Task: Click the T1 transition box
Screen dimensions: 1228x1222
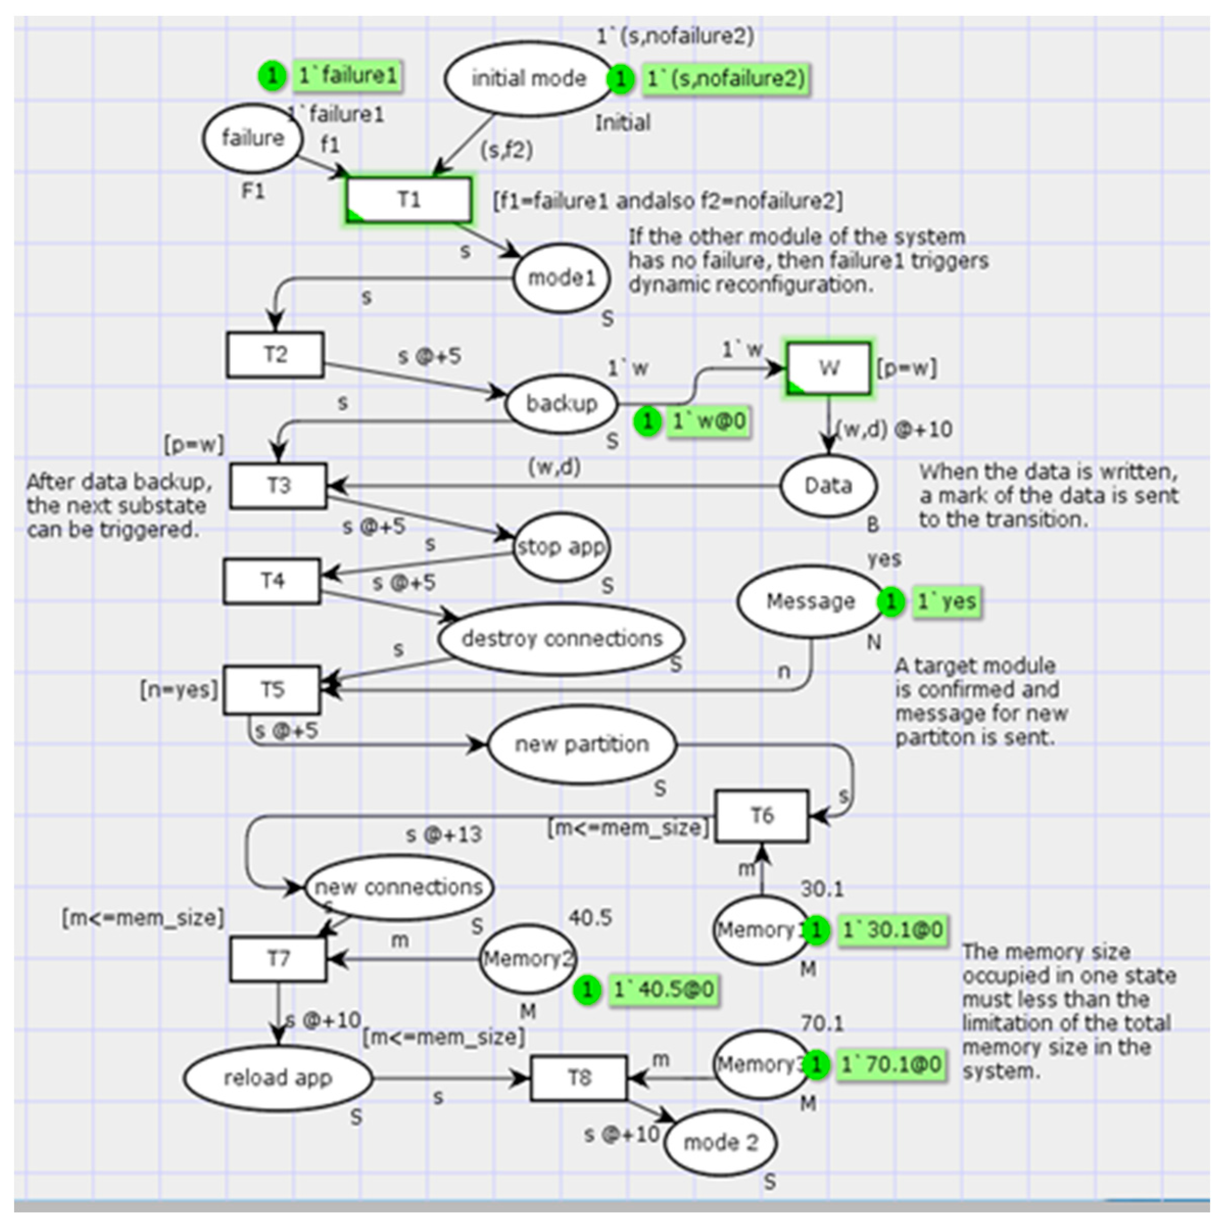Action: pyautogui.click(x=409, y=200)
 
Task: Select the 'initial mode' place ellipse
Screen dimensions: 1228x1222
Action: pyautogui.click(x=528, y=79)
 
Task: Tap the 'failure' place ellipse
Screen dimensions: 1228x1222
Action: pyautogui.click(x=252, y=138)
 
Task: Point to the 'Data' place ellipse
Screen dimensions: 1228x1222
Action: pyautogui.click(x=828, y=486)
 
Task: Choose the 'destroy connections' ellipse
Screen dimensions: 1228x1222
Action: pyautogui.click(x=562, y=638)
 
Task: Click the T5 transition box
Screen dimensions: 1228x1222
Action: pyautogui.click(x=273, y=690)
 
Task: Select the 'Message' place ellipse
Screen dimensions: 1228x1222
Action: pyautogui.click(x=810, y=601)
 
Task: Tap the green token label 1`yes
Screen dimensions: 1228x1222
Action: pyautogui.click(x=946, y=601)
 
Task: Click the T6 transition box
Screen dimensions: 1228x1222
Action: pyautogui.click(x=761, y=815)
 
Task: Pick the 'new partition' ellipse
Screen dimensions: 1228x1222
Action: pyautogui.click(x=582, y=744)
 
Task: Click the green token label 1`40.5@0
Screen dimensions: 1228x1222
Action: pyautogui.click(x=663, y=989)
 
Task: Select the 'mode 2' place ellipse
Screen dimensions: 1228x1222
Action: pyautogui.click(x=721, y=1142)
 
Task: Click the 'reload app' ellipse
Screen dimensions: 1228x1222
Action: pyautogui.click(x=278, y=1077)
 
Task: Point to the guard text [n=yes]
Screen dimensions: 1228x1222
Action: pyautogui.click(x=179, y=689)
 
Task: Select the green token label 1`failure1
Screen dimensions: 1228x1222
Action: pyautogui.click(x=347, y=76)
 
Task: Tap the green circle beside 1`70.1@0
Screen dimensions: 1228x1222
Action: pyautogui.click(x=817, y=1064)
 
